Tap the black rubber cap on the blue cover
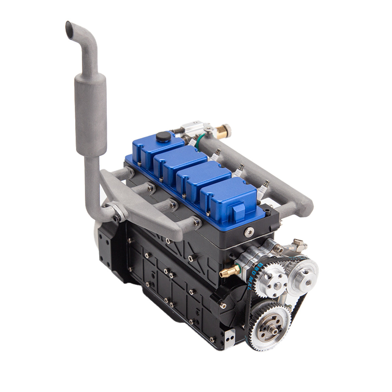coord(163,137)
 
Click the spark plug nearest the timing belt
coord(263,190)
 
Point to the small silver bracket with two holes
coord(230,336)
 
